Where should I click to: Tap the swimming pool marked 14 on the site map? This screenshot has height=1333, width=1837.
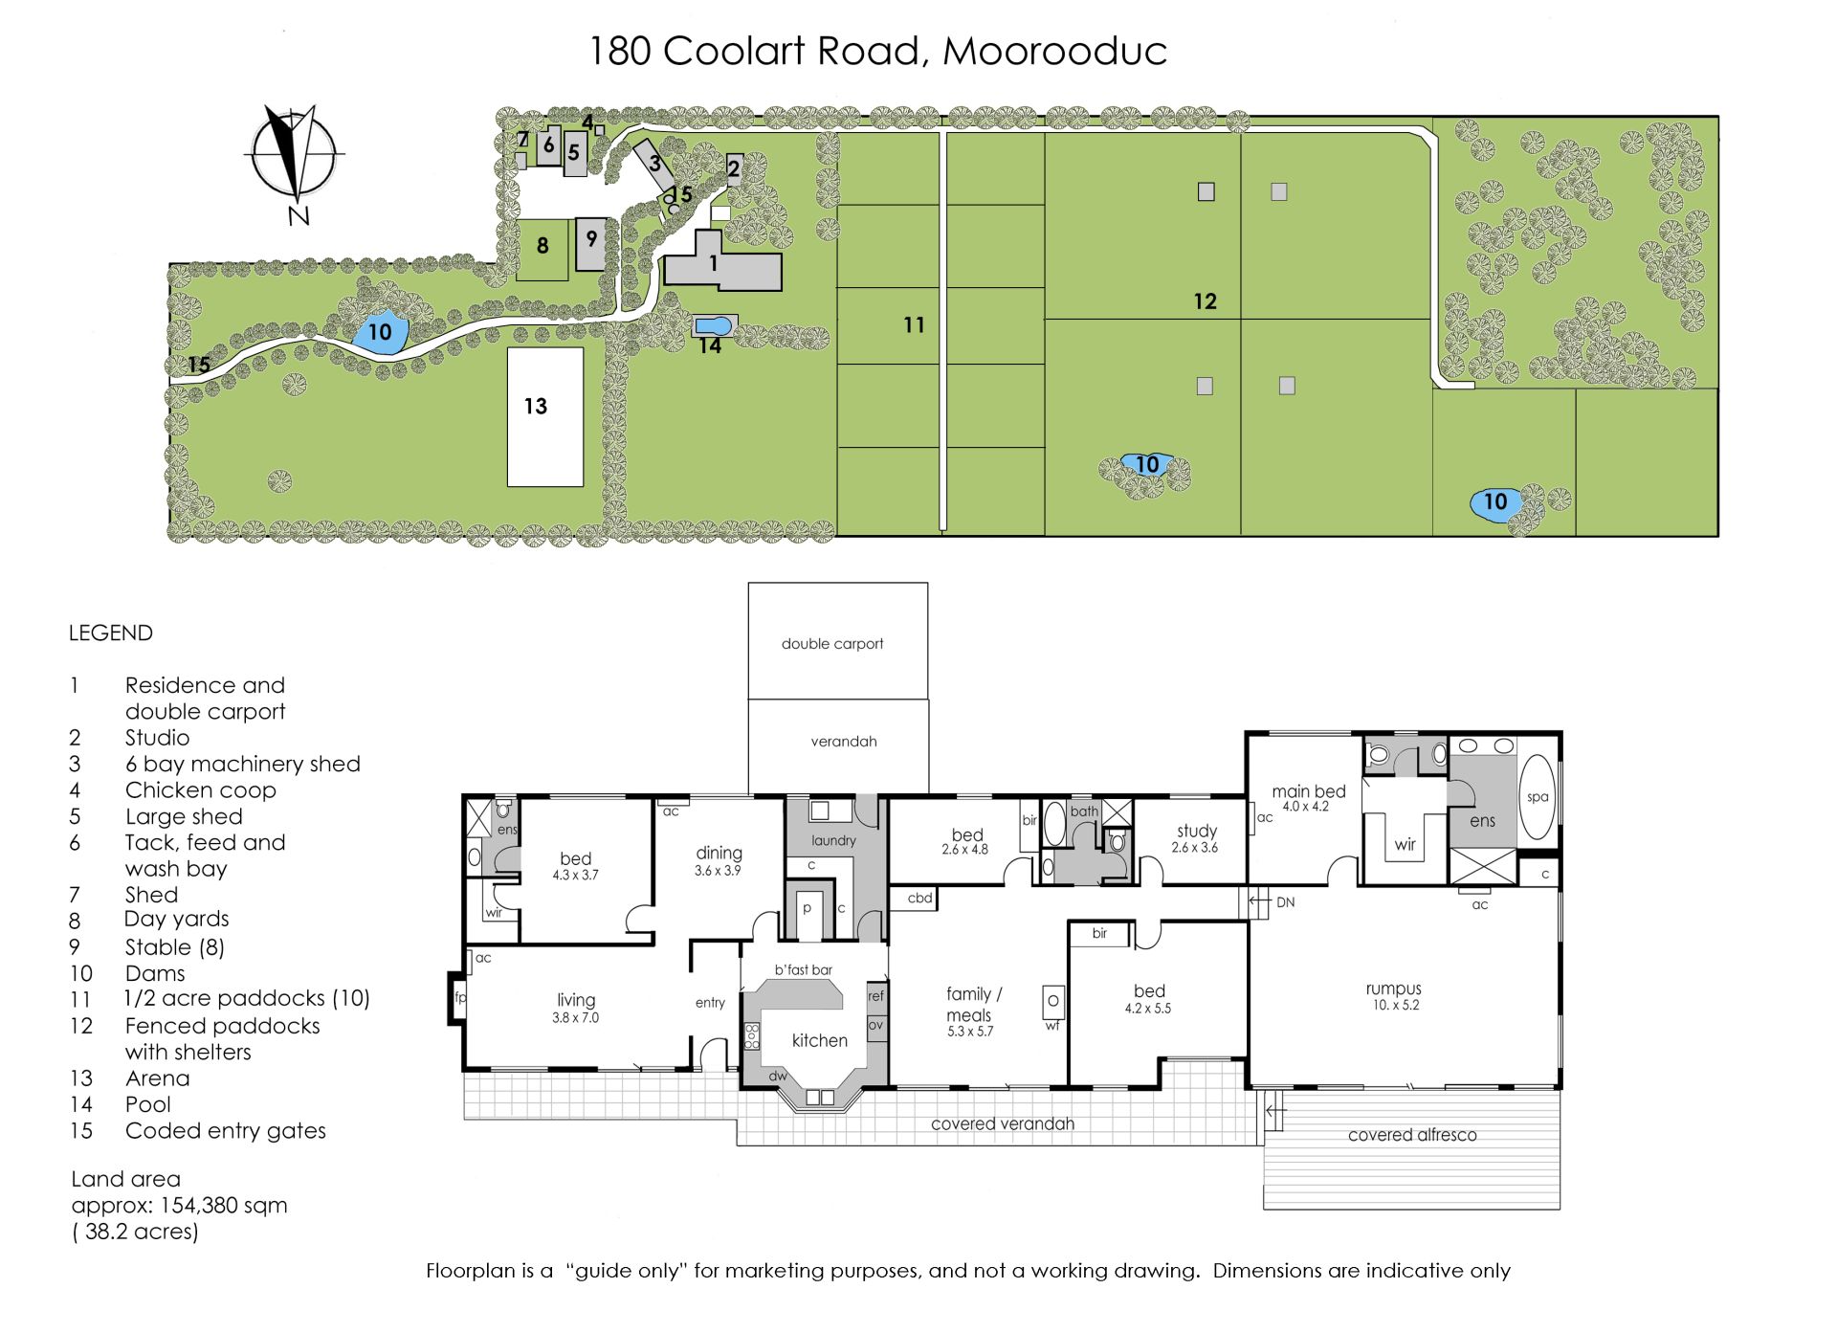point(715,326)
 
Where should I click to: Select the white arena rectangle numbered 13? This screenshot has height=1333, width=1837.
point(545,417)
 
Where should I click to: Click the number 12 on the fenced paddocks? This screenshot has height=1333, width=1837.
point(1205,301)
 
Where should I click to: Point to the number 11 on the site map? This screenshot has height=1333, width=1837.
point(914,325)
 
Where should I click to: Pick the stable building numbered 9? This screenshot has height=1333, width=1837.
point(591,244)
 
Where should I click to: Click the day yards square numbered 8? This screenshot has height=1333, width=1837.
point(542,250)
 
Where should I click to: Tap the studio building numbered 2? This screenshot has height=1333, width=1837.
point(735,168)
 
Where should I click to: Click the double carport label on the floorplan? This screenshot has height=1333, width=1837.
point(832,644)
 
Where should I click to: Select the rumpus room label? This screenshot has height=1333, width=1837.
point(1393,989)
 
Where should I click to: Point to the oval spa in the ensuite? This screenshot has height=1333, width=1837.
point(1538,797)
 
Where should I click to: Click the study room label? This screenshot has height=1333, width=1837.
point(1197,831)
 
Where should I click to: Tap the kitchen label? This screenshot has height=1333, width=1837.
point(820,1040)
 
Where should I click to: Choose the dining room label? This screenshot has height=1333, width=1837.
point(719,853)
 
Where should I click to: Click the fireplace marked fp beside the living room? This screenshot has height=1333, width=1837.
point(458,998)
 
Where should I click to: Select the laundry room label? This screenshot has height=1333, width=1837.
point(833,841)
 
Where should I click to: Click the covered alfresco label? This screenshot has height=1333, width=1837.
point(1412,1135)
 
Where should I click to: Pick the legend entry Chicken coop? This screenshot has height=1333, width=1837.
point(201,790)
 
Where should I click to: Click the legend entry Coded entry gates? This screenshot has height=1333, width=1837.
point(226,1131)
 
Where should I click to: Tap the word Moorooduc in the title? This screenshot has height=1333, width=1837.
point(1055,51)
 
